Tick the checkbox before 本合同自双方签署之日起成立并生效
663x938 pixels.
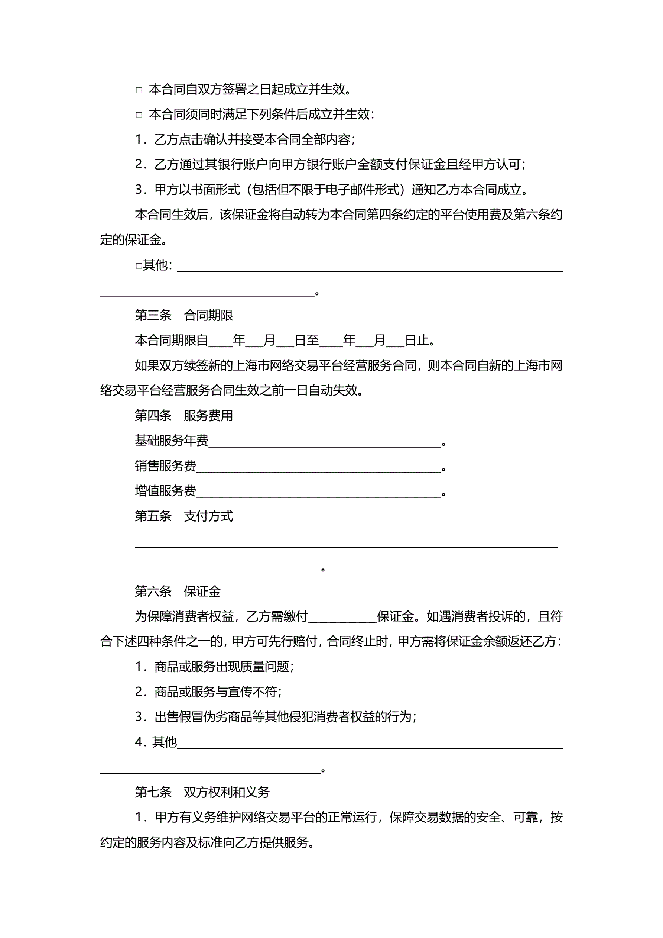(139, 90)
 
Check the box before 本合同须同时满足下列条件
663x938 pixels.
(139, 115)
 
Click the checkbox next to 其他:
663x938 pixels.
(139, 266)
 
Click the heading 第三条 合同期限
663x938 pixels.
(184, 315)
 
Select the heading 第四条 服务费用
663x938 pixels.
(184, 416)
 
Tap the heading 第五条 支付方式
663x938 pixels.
(184, 516)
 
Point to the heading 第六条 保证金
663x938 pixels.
(178, 591)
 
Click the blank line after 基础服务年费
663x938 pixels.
(325, 442)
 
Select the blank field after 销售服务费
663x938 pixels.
(318, 467)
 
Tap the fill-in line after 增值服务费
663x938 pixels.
(318, 492)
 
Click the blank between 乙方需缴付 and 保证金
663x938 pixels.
(342, 617)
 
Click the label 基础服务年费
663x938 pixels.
(172, 441)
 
